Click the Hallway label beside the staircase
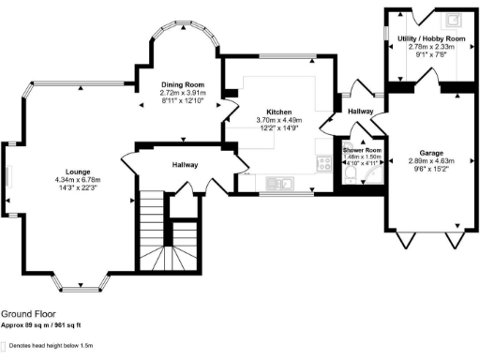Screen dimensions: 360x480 pyautogui.click(x=184, y=164)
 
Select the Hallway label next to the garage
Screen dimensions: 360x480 pyautogui.click(x=361, y=112)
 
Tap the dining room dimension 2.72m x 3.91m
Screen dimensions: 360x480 pyautogui.click(x=183, y=94)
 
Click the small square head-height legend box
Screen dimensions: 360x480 pyautogui.click(x=5, y=346)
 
